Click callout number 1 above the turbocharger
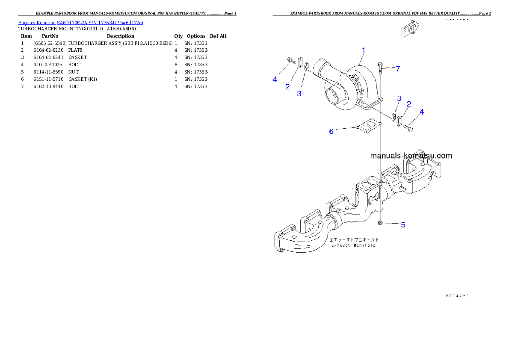pos(363,50)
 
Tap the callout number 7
pos(398,68)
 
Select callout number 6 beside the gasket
pos(331,131)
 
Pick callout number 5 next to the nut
pos(402,224)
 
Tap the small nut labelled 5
pos(380,223)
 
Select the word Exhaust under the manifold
pos(341,245)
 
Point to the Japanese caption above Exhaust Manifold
pos(354,239)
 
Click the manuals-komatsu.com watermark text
pos(411,156)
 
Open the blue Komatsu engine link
pos(80,22)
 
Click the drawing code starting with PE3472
pos(456,295)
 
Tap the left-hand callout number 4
pos(275,79)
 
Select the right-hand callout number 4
pos(422,112)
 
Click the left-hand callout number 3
pos(299,93)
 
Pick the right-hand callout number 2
pos(409,104)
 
